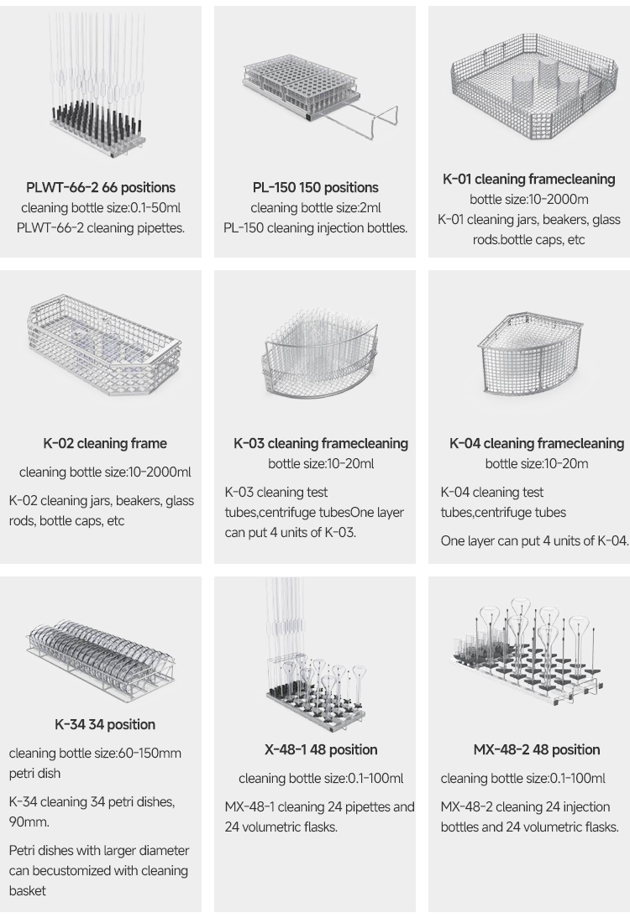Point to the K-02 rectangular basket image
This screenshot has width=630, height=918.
point(104,345)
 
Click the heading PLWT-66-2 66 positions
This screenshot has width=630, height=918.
point(101,187)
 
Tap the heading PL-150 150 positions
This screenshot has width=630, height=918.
point(315,187)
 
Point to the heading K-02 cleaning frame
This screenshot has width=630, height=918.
point(105,443)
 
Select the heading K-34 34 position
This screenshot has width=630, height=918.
point(105,724)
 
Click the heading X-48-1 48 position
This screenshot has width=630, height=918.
point(321,749)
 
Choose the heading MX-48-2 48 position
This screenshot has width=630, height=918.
point(537,749)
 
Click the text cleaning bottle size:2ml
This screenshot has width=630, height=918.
point(315,208)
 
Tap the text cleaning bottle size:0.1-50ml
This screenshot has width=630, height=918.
point(101,208)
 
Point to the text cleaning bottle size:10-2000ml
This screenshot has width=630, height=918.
point(105,472)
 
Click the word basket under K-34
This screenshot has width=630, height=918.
point(28,890)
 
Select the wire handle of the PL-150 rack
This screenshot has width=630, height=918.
point(363,123)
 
